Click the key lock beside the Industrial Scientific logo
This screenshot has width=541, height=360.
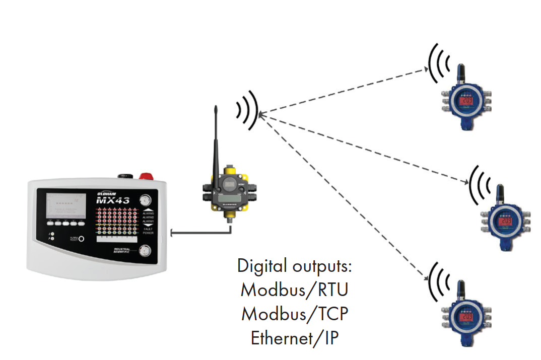(146, 250)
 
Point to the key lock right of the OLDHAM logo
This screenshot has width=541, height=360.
(146, 198)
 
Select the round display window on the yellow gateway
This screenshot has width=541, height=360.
(230, 185)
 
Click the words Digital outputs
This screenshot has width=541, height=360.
(295, 265)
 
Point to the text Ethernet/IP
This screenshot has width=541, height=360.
(295, 338)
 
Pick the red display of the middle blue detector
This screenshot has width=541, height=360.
(505, 222)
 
